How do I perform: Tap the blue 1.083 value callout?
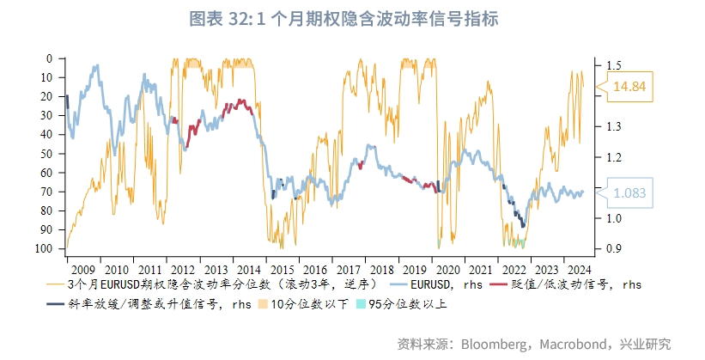click(x=629, y=193)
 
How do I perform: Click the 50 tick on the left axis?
click(x=53, y=153)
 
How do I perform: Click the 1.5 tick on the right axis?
click(x=611, y=65)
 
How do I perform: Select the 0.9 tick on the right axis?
click(x=611, y=248)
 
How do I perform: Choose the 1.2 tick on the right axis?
click(x=611, y=157)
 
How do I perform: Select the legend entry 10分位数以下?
click(x=311, y=303)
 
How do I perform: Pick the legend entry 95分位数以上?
click(x=407, y=303)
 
